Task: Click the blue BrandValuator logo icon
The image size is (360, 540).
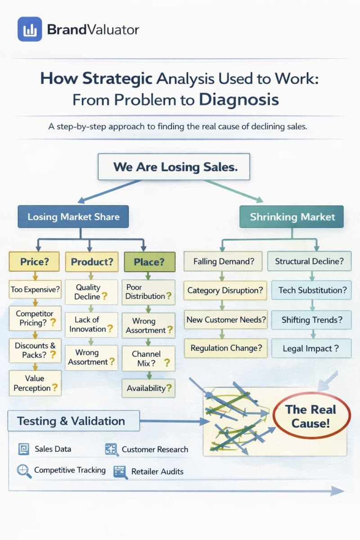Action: coord(29,29)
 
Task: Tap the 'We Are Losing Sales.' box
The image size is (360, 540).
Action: coord(175,167)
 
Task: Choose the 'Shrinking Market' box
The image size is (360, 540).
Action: coord(292,216)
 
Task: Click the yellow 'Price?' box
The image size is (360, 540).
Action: coord(34,261)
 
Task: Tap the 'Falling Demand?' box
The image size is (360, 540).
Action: coord(223,261)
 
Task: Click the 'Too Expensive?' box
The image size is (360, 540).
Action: coord(35,290)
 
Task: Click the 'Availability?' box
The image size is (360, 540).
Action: coord(149,388)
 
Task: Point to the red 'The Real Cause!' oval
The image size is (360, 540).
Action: coord(310,416)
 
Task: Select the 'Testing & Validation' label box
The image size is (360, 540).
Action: coord(71,421)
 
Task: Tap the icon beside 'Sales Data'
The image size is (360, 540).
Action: coord(23,449)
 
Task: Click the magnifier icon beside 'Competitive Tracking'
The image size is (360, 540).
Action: coord(22,471)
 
